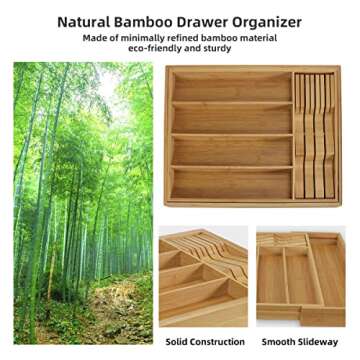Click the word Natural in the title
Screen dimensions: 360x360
click(84, 21)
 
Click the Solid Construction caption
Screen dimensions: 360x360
click(204, 342)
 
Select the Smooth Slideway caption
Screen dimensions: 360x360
click(299, 342)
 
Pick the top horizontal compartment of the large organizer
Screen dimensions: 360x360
click(231, 87)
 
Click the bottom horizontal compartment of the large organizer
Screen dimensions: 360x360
click(231, 184)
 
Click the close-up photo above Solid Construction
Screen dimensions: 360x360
click(203, 279)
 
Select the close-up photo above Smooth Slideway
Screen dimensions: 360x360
click(300, 279)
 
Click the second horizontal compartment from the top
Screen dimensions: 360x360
click(231, 118)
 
